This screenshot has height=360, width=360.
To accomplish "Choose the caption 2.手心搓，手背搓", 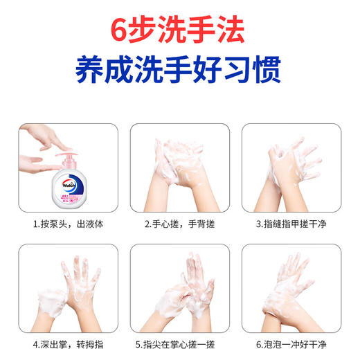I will pos(179,224).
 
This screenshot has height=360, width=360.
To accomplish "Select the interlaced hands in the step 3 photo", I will pos(291,166).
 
